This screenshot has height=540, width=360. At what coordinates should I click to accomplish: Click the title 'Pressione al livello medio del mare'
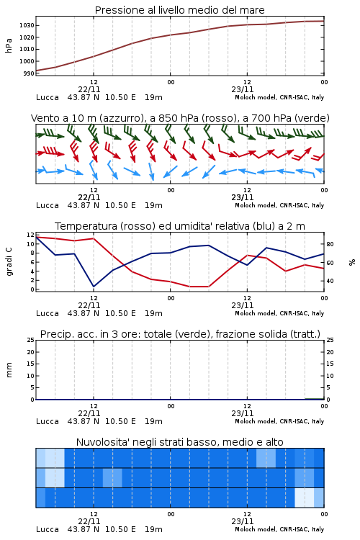[179, 10]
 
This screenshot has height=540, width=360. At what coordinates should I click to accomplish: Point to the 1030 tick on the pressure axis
[27, 25]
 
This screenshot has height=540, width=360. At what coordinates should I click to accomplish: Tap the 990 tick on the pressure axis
[30, 73]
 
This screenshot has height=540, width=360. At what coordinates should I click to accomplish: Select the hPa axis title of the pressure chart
[9, 45]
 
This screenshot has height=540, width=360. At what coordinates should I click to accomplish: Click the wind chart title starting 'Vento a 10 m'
[180, 118]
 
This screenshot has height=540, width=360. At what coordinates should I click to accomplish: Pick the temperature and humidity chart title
[180, 226]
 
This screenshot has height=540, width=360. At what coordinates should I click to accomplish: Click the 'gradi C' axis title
[9, 261]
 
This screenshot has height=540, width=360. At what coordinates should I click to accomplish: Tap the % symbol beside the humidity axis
[352, 262]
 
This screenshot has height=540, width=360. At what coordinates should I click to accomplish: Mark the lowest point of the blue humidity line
[94, 287]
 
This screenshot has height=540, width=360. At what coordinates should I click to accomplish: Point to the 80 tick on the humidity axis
[330, 244]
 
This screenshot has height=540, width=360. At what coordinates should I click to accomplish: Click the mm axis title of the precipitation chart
[9, 369]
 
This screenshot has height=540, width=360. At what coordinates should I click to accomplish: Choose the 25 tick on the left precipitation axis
[31, 340]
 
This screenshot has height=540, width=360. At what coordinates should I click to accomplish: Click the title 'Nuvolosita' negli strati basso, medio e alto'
[179, 442]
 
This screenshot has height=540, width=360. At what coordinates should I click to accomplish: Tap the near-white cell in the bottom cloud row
[304, 498]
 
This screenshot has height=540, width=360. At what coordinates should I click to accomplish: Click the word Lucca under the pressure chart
[48, 97]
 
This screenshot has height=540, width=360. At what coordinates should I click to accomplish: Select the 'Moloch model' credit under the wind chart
[256, 205]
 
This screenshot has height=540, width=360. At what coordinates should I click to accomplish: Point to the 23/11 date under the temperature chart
[243, 305]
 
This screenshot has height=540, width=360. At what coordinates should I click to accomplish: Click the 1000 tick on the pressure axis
[27, 61]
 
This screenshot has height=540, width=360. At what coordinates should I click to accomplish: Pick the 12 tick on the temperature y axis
[31, 235]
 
